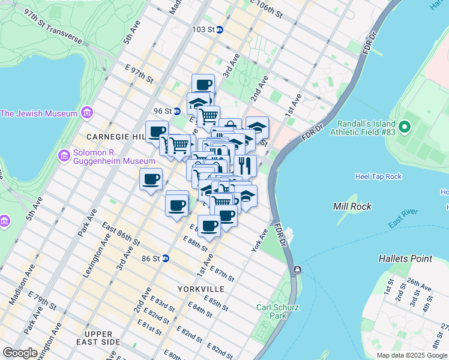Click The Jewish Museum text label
[39, 113]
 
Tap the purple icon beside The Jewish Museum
[87, 113]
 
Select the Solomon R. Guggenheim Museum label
[115, 157]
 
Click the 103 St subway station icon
[220, 29]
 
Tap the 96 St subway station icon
[176, 111]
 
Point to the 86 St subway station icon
[165, 258]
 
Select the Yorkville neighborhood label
[201, 289]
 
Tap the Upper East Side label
[98, 338]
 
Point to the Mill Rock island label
[352, 206]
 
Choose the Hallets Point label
[405, 259]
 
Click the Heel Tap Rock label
[378, 176]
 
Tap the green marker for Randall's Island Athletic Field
[405, 127]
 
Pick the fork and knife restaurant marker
[246, 165]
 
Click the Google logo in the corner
[20, 353]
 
